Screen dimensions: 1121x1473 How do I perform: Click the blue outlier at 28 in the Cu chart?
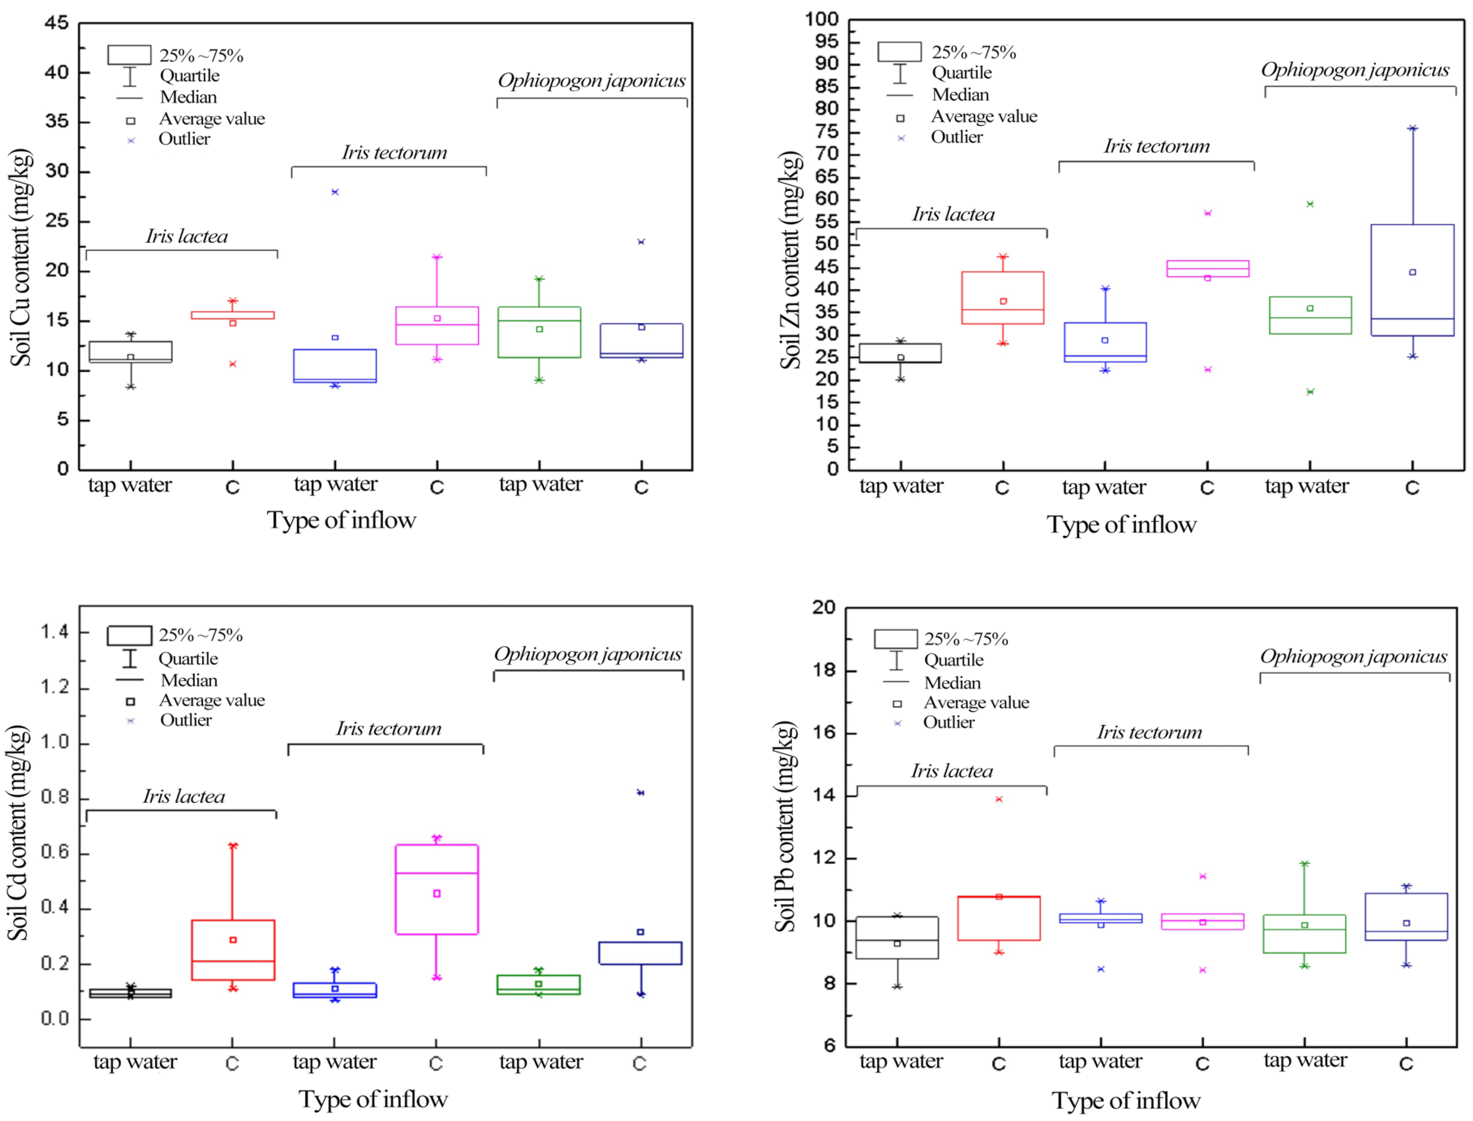point(335,192)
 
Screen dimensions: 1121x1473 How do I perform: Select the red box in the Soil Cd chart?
point(233,950)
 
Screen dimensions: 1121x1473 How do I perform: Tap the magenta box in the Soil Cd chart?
point(437,889)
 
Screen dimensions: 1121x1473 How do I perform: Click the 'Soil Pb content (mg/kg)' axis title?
point(785,827)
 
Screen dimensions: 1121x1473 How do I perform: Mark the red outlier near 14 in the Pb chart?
point(999,800)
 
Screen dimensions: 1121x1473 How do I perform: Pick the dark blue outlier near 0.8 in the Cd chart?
point(641,793)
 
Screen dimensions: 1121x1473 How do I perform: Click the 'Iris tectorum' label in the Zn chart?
point(1156,147)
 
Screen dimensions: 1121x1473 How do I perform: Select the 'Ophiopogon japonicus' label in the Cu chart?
point(591,81)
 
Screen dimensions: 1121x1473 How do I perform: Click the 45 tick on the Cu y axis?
point(57,24)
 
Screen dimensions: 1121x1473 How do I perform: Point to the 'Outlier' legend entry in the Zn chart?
point(956,137)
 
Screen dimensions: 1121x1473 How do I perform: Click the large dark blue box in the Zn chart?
point(1412,280)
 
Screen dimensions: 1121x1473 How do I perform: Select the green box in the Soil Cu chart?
point(539,332)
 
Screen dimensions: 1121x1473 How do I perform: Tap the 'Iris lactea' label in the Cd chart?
point(184,797)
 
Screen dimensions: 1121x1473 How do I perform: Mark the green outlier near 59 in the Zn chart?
point(1310,204)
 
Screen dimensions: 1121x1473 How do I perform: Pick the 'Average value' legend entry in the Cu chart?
point(212,119)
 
